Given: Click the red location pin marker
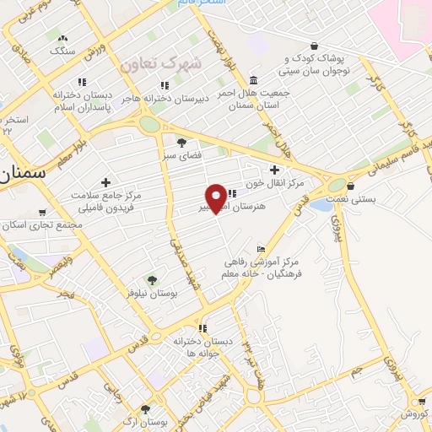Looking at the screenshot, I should tap(217, 197).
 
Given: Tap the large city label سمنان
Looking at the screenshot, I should tap(19, 175).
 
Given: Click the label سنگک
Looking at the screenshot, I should tap(62, 51).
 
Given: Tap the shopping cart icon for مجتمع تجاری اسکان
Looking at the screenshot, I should tap(43, 213).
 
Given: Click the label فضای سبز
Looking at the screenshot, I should tap(181, 155).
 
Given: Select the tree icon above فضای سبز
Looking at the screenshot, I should tap(181, 141).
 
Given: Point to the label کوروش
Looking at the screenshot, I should tap(413, 413).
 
